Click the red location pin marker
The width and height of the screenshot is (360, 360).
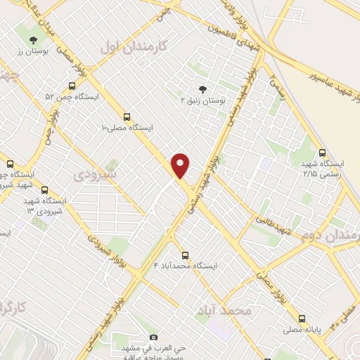pyautogui.click(x=181, y=165)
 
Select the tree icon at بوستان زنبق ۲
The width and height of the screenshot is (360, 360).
pyautogui.click(x=203, y=89)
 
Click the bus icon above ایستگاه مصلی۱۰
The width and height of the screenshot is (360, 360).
pyautogui.click(x=127, y=117)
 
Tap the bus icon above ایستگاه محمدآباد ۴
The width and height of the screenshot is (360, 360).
pyautogui.click(x=185, y=255)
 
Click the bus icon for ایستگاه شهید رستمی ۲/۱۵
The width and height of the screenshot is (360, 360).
pyautogui.click(x=322, y=152)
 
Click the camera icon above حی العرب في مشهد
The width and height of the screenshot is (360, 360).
pyautogui.click(x=153, y=337)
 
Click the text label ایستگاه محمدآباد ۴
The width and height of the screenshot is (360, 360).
pyautogui.click(x=186, y=266)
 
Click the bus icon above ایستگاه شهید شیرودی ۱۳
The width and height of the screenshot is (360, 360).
pyautogui.click(x=45, y=190)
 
